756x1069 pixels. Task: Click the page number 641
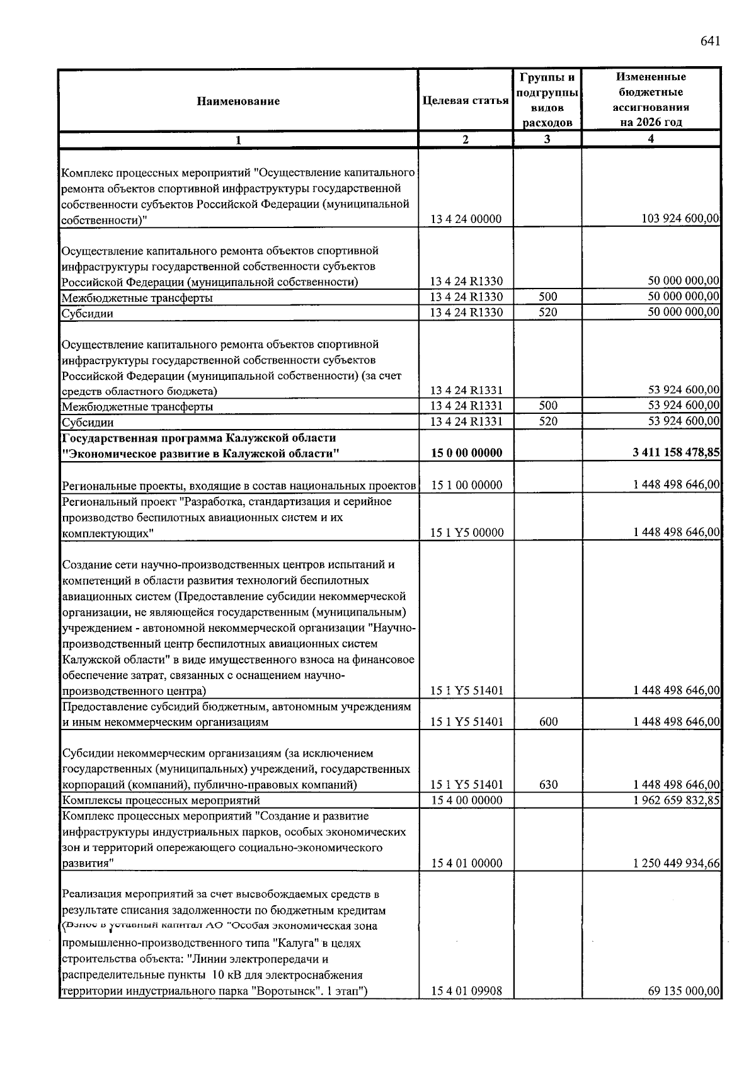709,42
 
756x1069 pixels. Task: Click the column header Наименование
238,101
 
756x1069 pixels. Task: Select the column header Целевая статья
466,101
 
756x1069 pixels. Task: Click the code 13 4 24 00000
466,219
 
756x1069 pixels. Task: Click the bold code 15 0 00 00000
466,453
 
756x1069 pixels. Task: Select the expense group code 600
548,722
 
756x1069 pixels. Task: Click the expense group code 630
548,785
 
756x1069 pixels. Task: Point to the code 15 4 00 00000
466,801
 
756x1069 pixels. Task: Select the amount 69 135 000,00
684,992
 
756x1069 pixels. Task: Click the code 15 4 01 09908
466,992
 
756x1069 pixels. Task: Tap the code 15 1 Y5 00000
466,533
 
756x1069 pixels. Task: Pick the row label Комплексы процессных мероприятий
161,801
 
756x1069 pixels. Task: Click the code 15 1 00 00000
466,485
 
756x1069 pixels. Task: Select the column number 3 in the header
547,139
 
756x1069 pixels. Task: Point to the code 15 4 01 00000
466,864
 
